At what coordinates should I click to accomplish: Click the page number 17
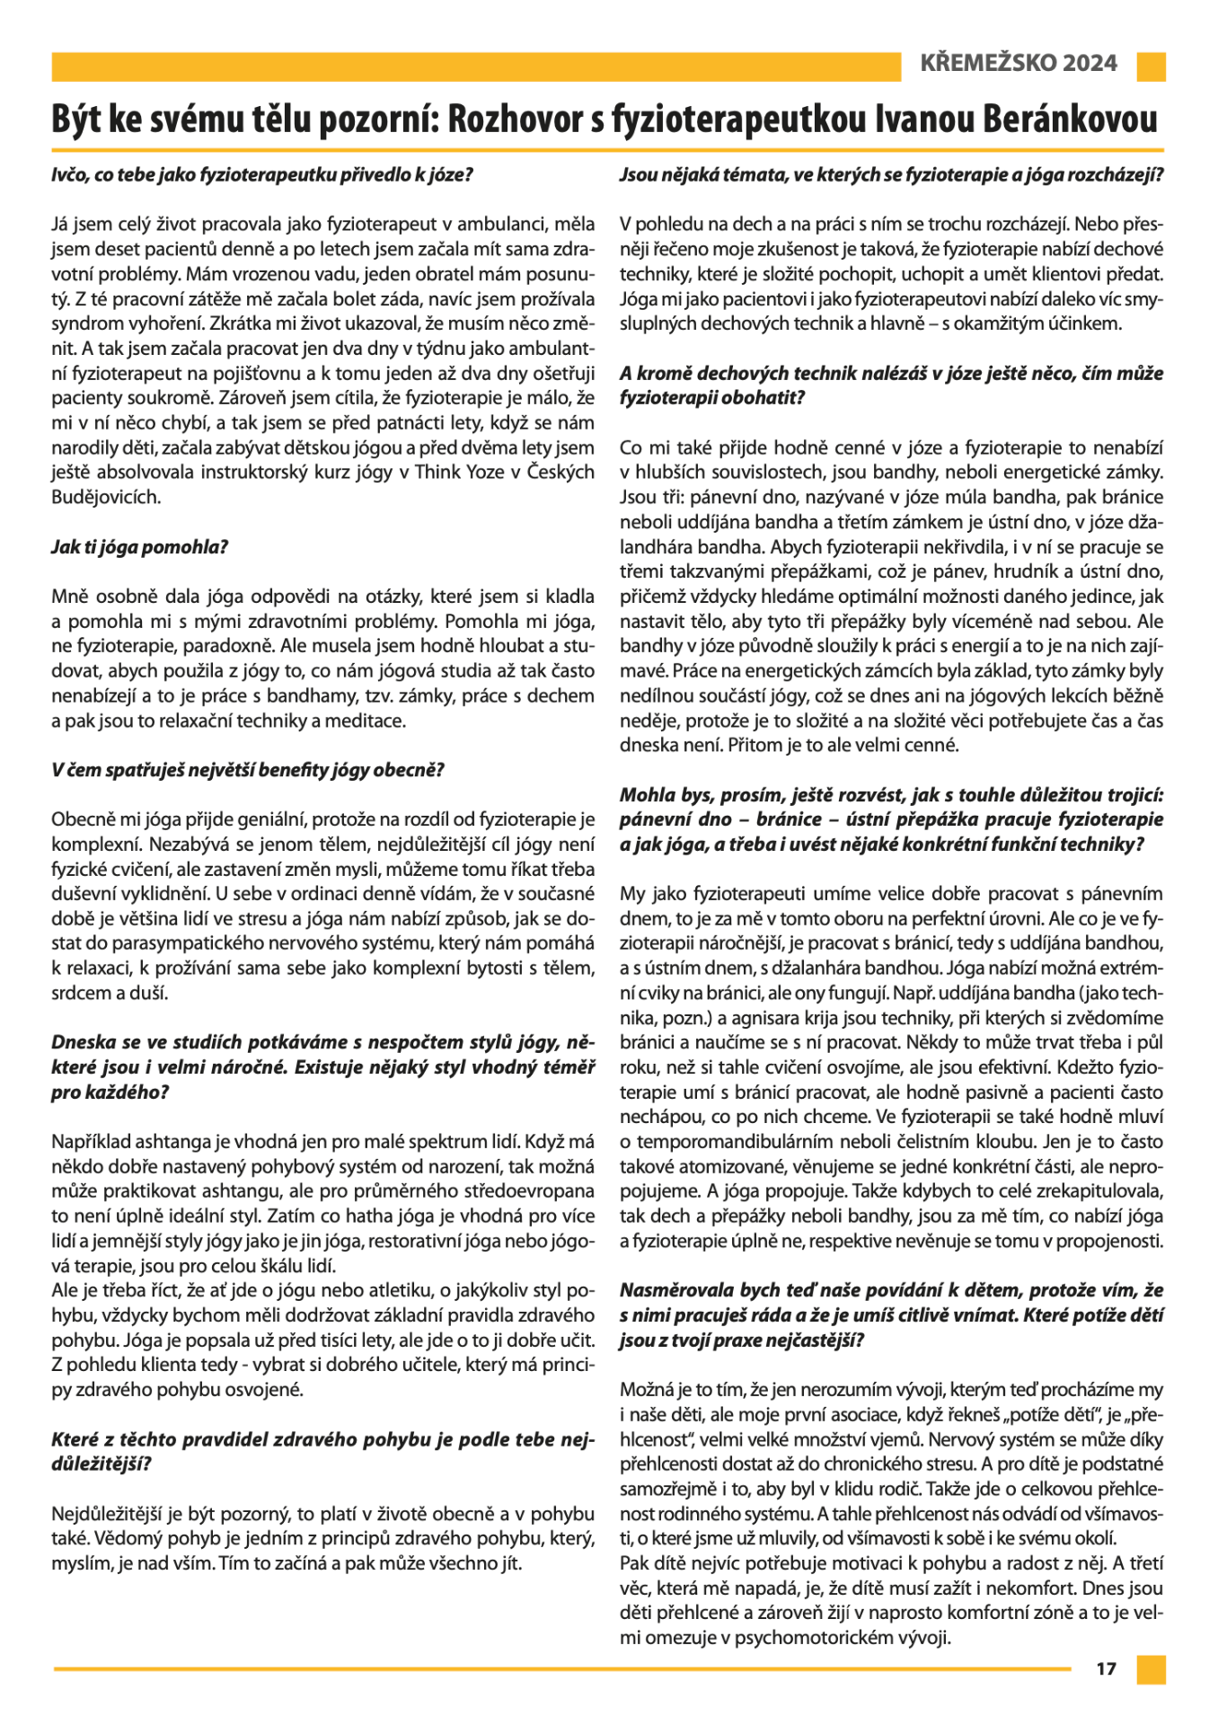tap(1106, 1668)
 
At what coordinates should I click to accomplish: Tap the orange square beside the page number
tap(1151, 1668)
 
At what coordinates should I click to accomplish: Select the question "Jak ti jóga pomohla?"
tap(139, 546)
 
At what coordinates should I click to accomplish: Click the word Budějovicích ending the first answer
tap(106, 496)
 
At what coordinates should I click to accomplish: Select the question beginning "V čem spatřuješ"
tap(248, 769)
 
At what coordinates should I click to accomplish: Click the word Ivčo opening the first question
tap(70, 174)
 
